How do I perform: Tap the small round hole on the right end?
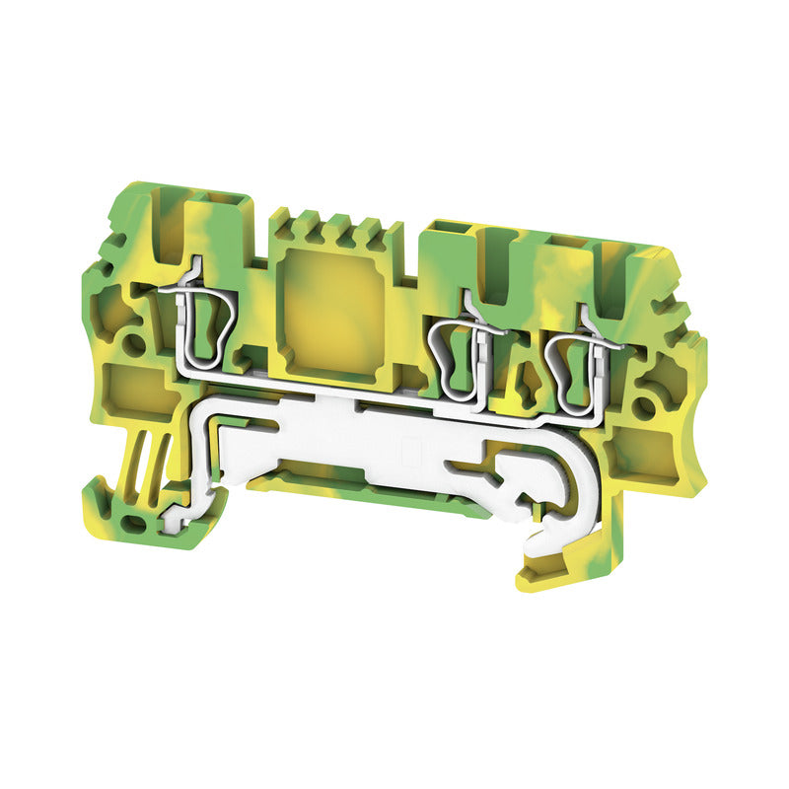[645, 406]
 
